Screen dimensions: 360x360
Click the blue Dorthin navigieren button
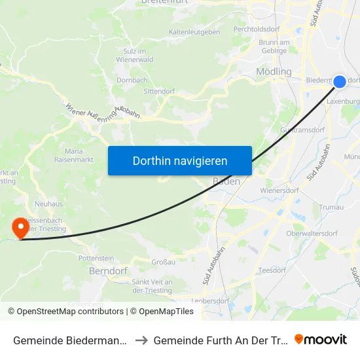[x=180, y=160]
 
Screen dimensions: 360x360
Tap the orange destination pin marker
[x=21, y=227]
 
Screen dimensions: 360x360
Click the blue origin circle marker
[x=340, y=81]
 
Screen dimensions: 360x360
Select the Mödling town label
[x=274, y=71]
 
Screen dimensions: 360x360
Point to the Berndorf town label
[x=107, y=270]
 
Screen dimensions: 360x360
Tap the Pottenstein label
[x=96, y=259]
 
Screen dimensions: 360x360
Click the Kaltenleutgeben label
[x=196, y=32]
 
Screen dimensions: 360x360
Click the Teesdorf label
[x=272, y=270]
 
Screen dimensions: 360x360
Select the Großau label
[x=163, y=262]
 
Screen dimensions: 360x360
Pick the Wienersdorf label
[x=279, y=191]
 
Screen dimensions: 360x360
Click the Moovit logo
[x=321, y=339]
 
